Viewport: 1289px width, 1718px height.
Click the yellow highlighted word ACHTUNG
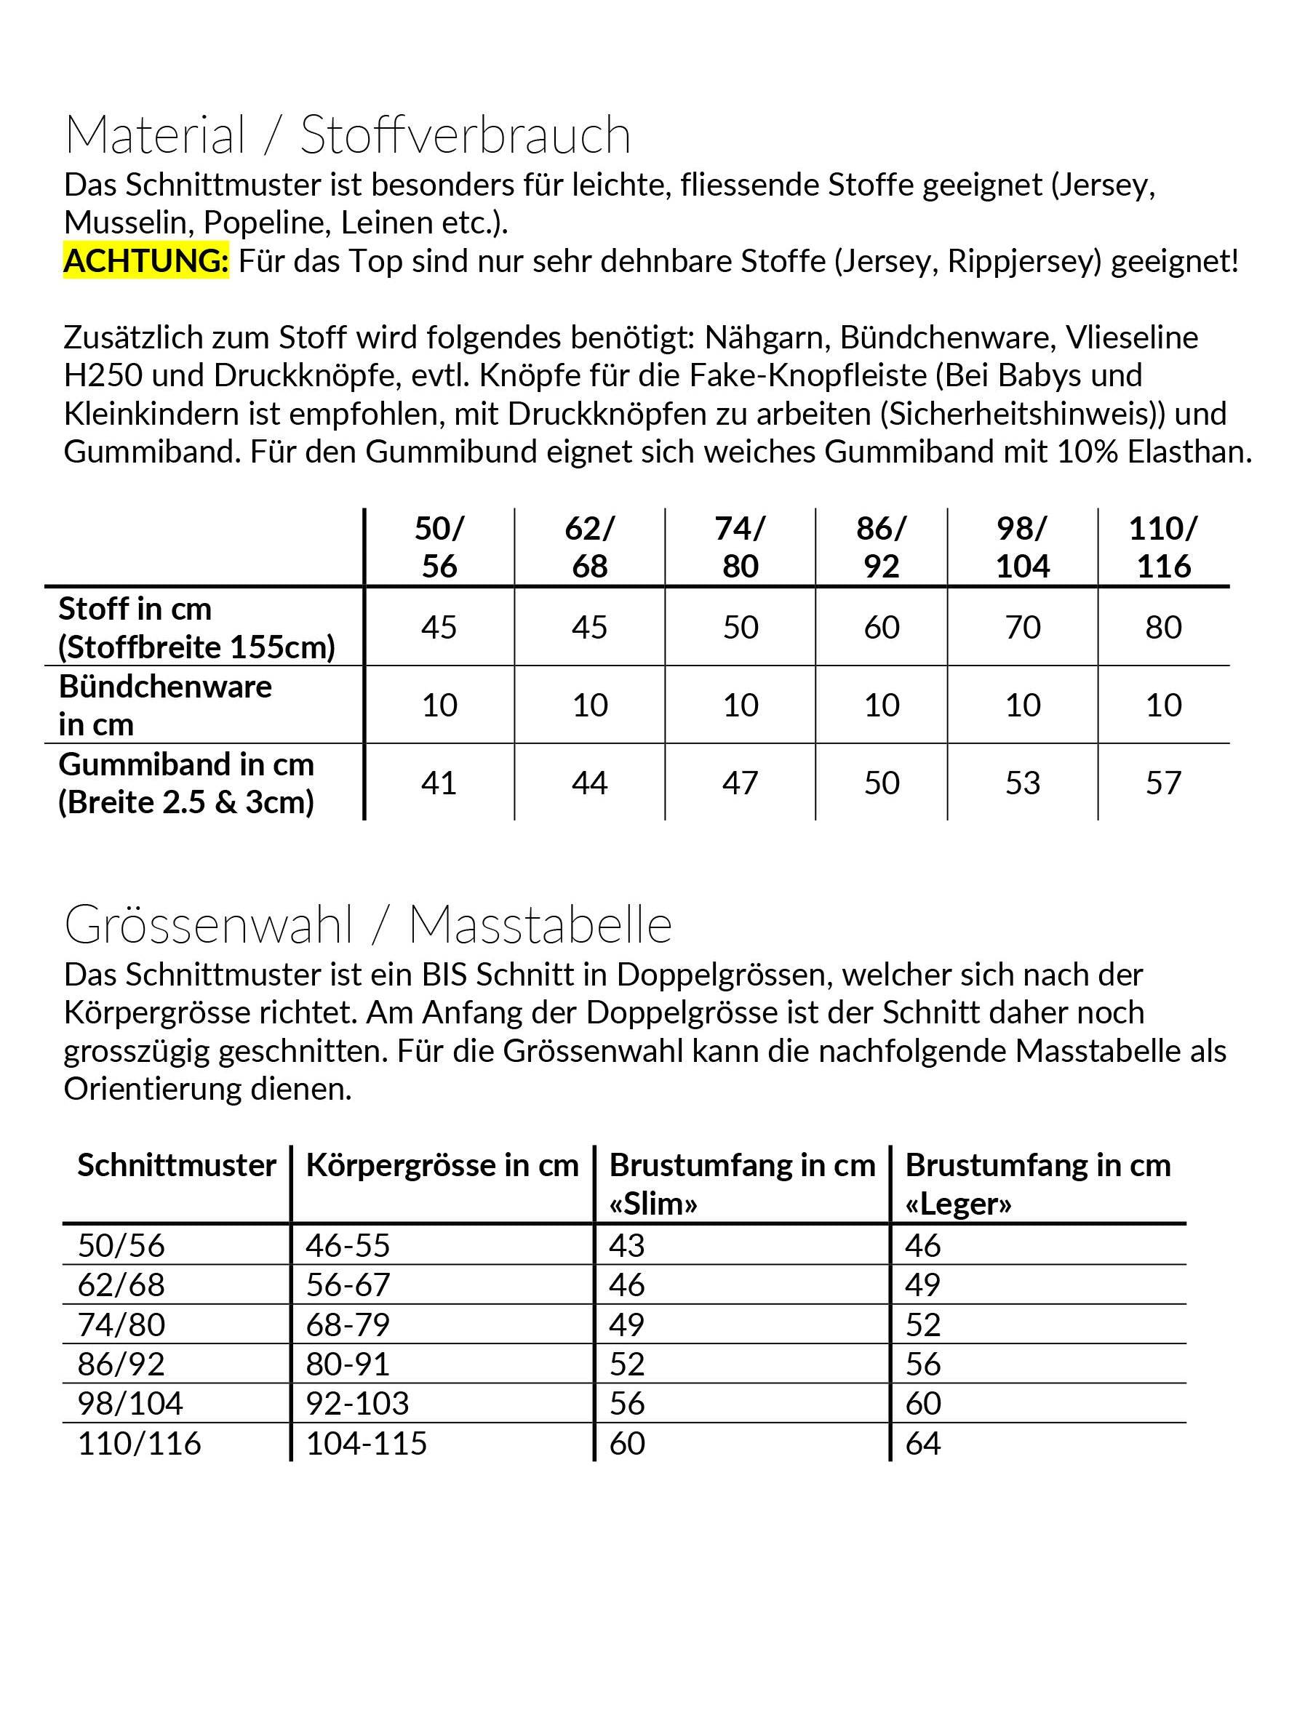point(146,261)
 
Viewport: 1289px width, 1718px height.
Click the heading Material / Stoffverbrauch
point(347,135)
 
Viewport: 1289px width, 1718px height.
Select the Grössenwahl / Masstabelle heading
point(367,924)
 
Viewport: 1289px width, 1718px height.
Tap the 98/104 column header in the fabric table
point(1023,547)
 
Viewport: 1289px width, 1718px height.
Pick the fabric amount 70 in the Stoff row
point(1023,627)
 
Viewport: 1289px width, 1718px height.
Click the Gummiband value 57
point(1163,783)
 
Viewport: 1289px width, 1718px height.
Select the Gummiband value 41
point(439,783)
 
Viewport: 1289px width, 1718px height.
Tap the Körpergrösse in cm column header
point(442,1165)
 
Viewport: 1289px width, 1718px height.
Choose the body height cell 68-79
point(347,1325)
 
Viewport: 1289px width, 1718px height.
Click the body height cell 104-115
point(366,1443)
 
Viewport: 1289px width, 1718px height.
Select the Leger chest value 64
point(923,1443)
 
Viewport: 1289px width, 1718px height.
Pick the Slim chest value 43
point(626,1245)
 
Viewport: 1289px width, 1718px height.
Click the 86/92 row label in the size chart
point(121,1364)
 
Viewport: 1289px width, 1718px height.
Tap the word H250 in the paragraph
point(103,375)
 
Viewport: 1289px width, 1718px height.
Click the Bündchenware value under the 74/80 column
point(741,705)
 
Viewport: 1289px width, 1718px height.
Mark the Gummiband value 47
point(741,783)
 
